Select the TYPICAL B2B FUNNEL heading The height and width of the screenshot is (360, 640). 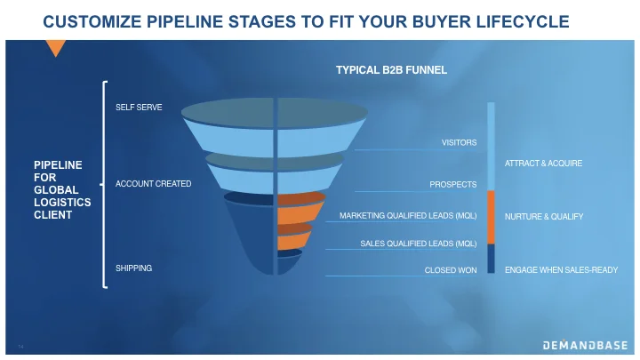(390, 68)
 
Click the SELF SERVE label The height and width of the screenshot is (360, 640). (139, 108)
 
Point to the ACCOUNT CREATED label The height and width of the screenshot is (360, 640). (153, 184)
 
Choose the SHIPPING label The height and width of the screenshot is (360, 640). (133, 268)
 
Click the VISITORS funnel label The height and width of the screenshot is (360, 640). (459, 142)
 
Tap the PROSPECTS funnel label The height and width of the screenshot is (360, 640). (453, 185)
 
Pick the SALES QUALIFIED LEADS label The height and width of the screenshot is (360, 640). (418, 243)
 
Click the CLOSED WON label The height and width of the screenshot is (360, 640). (451, 269)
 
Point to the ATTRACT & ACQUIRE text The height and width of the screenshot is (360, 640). (543, 164)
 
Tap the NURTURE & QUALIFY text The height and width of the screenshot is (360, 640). (543, 216)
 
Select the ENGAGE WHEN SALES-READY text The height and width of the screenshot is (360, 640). (561, 268)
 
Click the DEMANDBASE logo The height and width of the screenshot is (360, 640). (585, 345)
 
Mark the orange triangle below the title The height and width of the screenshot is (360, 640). (56, 48)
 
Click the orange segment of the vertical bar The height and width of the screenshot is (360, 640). (491, 216)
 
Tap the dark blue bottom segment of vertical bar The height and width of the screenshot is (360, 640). (491, 258)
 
